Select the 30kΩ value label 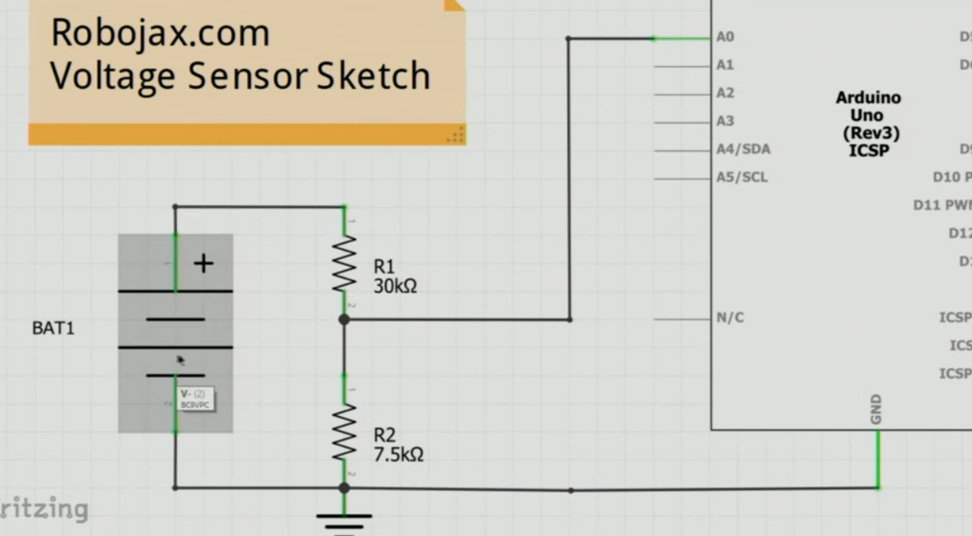(395, 286)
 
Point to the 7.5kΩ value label (399, 454)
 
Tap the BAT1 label (53, 329)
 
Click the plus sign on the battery (203, 263)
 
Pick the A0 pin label (725, 36)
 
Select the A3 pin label (725, 121)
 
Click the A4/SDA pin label (743, 149)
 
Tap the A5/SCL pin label (742, 177)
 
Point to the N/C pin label (730, 318)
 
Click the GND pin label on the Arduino (876, 410)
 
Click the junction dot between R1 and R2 (344, 320)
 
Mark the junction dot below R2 (344, 488)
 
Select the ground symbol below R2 (344, 518)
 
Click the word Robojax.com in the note (160, 33)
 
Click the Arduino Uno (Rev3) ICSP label (868, 124)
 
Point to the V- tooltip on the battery (195, 398)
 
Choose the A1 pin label (725, 65)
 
